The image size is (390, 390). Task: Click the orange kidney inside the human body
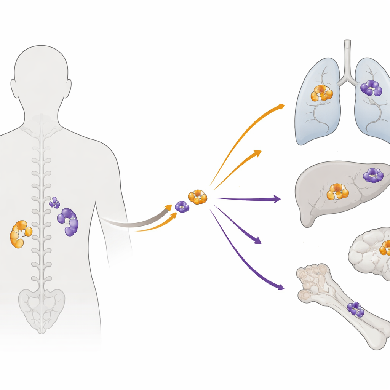[x=20, y=234]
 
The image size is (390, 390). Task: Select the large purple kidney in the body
[x=69, y=222]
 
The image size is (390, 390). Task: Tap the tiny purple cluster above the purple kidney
[x=55, y=203]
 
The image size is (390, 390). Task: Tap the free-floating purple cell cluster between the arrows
[x=182, y=207]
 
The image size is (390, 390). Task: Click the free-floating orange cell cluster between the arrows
[x=198, y=197]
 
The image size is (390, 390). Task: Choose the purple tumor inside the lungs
[x=371, y=88]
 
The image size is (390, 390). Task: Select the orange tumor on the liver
[x=337, y=192]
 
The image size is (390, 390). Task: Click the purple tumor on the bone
[x=355, y=309]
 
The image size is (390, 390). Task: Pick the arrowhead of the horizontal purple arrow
[x=277, y=199]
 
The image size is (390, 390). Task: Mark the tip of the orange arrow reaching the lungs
[x=282, y=105]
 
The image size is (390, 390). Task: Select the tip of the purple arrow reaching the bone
[x=282, y=288]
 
